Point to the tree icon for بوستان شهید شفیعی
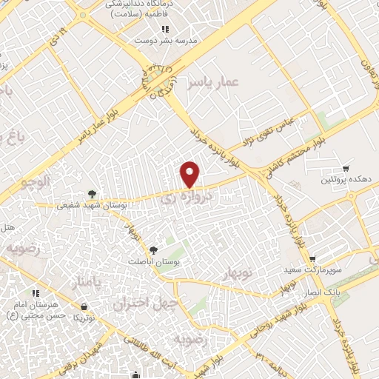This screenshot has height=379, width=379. pyautogui.click(x=91, y=194)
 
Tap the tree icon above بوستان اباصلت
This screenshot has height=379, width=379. pyautogui.click(x=153, y=250)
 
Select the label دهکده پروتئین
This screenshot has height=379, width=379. pyautogui.click(x=345, y=181)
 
